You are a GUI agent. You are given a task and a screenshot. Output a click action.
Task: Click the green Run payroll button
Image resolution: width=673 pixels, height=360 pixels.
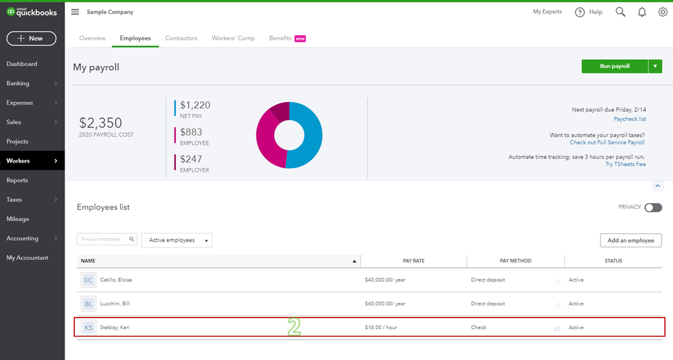click(614, 66)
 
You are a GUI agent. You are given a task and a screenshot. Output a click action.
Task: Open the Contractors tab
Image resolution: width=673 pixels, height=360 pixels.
click(181, 38)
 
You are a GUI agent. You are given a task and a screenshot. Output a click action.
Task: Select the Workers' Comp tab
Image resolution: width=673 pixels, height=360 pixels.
click(233, 38)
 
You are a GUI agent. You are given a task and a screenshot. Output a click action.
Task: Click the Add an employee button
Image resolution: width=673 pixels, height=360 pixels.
click(631, 240)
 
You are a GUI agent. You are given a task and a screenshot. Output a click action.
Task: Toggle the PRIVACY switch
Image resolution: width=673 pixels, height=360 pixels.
click(653, 208)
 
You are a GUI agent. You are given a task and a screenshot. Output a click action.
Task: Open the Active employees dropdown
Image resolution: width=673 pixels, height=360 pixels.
click(177, 240)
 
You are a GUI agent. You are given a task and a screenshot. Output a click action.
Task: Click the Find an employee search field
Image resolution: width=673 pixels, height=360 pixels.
click(107, 239)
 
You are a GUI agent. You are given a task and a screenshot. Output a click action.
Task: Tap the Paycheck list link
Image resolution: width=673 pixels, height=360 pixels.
click(630, 119)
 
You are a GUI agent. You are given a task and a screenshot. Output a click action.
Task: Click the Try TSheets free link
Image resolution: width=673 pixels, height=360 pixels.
click(625, 164)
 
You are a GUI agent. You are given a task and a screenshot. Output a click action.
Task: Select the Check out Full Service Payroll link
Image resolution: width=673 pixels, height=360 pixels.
click(607, 142)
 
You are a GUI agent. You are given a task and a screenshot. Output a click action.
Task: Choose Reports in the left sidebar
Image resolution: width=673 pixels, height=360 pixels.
click(17, 180)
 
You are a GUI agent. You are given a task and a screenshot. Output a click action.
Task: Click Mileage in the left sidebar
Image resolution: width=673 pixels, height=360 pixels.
click(18, 219)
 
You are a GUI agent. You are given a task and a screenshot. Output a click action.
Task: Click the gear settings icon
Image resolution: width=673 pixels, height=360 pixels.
click(663, 12)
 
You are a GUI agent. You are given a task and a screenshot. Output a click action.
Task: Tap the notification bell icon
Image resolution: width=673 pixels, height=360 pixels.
click(642, 12)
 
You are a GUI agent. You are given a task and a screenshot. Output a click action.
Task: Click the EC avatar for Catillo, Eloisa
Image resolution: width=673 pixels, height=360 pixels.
click(88, 280)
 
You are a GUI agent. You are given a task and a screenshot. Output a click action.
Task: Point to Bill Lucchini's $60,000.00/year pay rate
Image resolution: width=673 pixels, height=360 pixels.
click(385, 304)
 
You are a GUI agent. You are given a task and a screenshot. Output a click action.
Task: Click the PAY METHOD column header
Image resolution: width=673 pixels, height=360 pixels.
click(515, 261)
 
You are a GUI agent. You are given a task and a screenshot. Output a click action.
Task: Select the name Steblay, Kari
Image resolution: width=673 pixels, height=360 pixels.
click(115, 328)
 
